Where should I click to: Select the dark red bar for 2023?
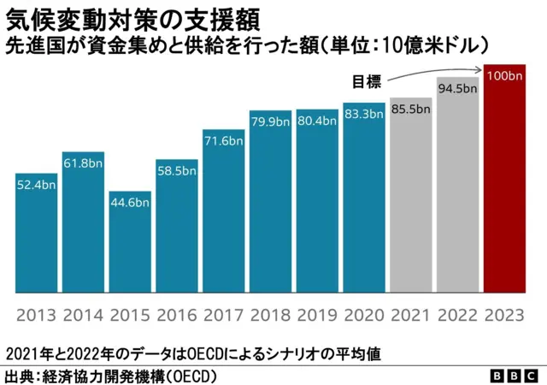click(503, 179)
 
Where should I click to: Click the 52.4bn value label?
click(37, 186)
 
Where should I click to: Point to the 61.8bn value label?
click(84, 164)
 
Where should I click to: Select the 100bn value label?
click(503, 76)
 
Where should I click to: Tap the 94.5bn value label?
click(457, 88)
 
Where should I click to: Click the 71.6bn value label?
click(224, 140)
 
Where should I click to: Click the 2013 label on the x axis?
click(37, 314)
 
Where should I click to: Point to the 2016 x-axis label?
click(177, 314)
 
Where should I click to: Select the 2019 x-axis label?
click(317, 314)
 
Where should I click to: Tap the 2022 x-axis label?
click(457, 314)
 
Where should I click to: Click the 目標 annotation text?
click(368, 82)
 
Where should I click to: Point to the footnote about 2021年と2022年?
click(192, 352)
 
